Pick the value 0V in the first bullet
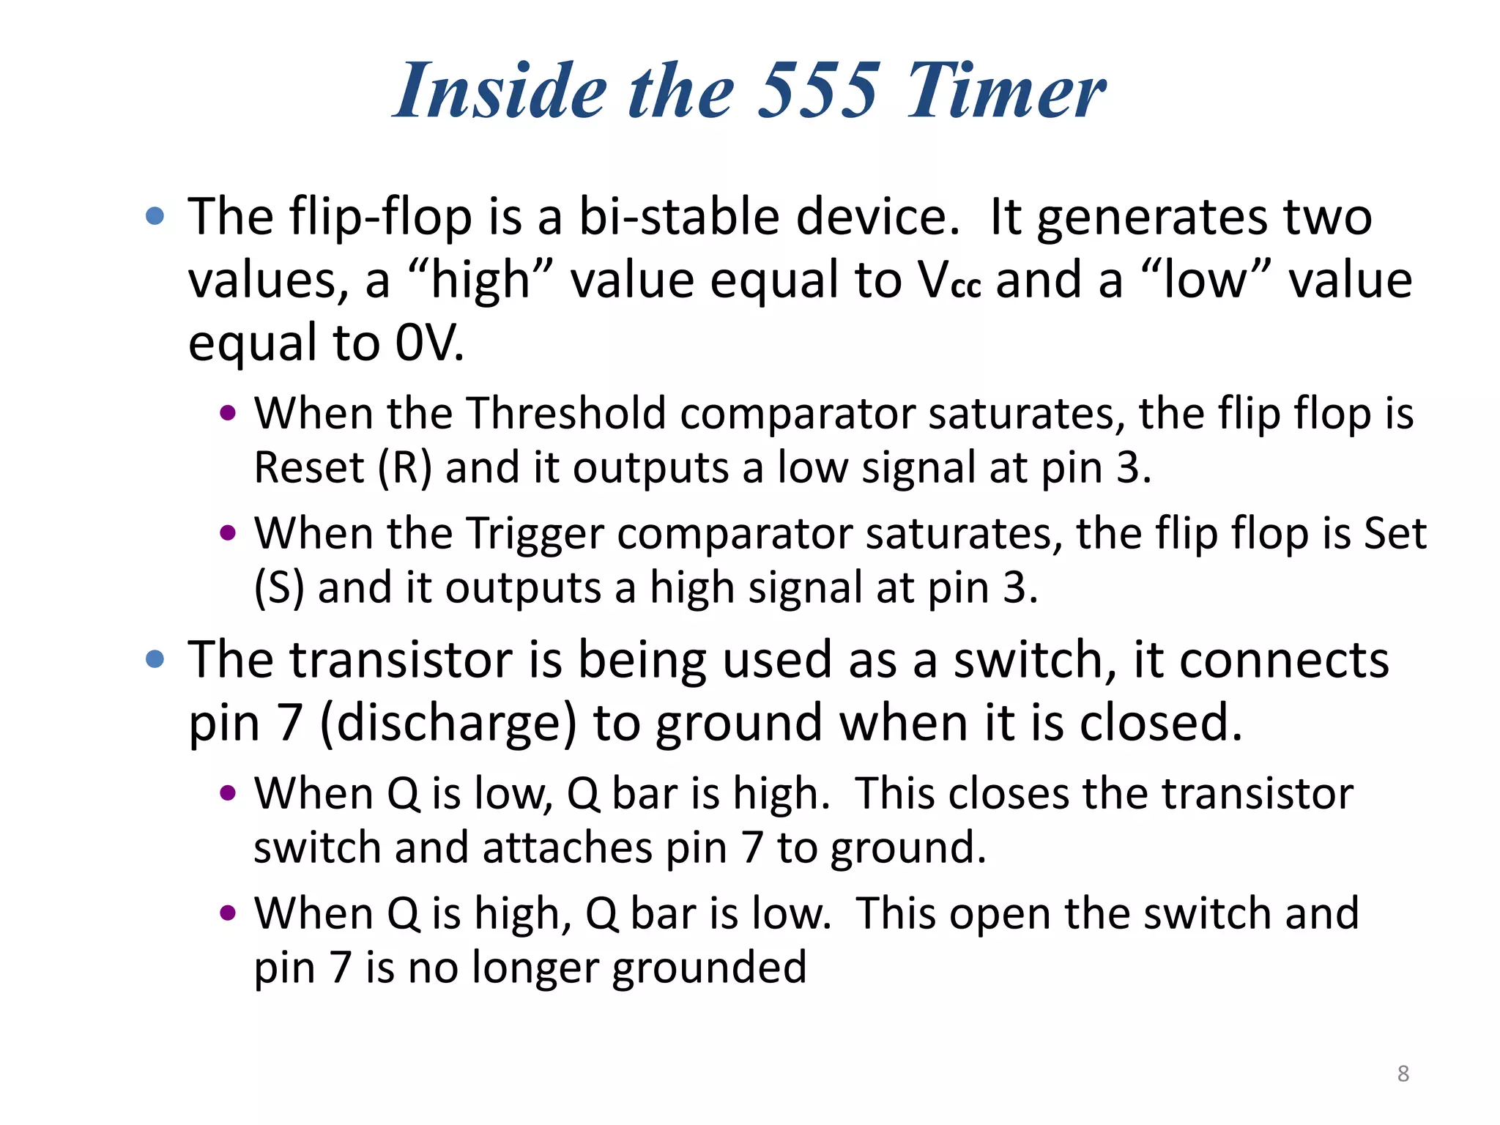[429, 343]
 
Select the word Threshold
[566, 414]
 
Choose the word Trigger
[534, 533]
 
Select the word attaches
[567, 848]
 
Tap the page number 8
[1403, 1074]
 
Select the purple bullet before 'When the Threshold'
[228, 413]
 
